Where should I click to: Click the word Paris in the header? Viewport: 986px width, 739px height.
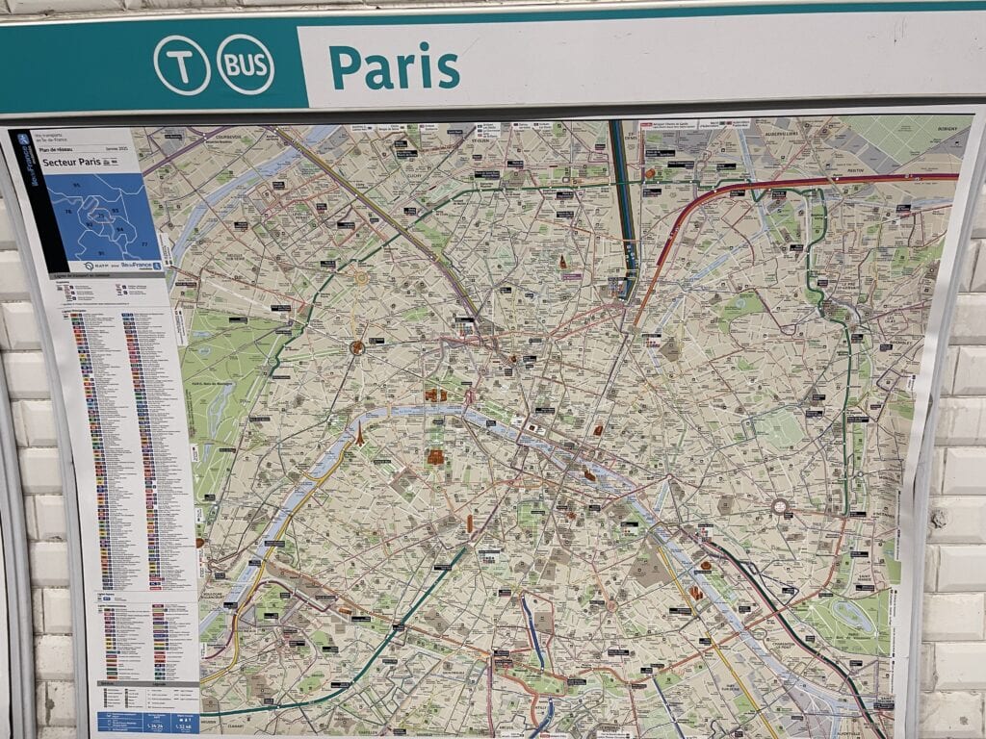coord(394,66)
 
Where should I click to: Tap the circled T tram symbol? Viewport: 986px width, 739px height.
coord(181,64)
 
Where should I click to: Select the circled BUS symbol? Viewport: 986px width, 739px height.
coord(246,64)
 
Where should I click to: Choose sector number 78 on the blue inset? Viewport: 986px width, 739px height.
coord(68,211)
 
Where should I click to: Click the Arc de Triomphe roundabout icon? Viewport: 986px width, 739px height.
coord(357,346)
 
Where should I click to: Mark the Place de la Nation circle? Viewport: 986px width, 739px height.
coord(780,506)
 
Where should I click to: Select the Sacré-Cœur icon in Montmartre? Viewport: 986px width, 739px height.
coord(563,262)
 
